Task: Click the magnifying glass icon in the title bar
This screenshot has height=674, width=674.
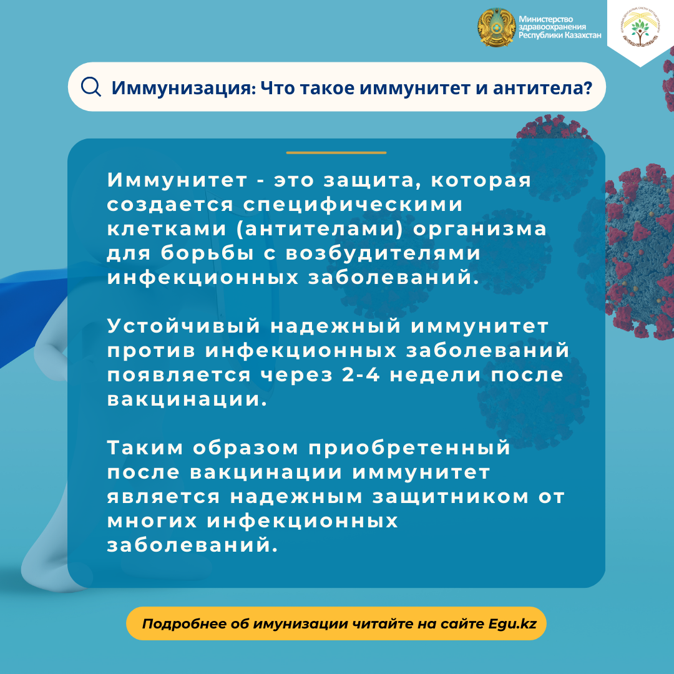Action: [90, 87]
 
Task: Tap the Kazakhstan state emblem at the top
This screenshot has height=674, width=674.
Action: [497, 27]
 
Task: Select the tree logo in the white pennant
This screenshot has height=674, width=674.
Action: [640, 28]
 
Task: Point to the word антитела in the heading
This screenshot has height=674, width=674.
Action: [542, 88]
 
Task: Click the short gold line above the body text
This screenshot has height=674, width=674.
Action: [336, 153]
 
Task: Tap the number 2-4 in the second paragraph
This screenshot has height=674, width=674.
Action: [361, 375]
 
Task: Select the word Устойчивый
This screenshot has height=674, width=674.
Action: [183, 326]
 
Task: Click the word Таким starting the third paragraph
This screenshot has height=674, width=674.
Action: [145, 448]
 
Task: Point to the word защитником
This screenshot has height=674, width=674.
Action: [451, 497]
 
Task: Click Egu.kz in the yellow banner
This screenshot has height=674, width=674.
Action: [512, 624]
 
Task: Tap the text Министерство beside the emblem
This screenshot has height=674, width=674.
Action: [545, 19]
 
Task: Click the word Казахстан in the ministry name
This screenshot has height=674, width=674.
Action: [582, 35]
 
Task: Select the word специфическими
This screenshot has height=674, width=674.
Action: [353, 205]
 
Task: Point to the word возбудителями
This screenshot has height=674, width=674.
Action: [383, 253]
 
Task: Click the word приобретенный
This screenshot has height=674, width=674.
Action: [409, 448]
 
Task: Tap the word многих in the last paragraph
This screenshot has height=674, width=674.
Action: [152, 521]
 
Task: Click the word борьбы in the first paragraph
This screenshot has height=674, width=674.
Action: [207, 253]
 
